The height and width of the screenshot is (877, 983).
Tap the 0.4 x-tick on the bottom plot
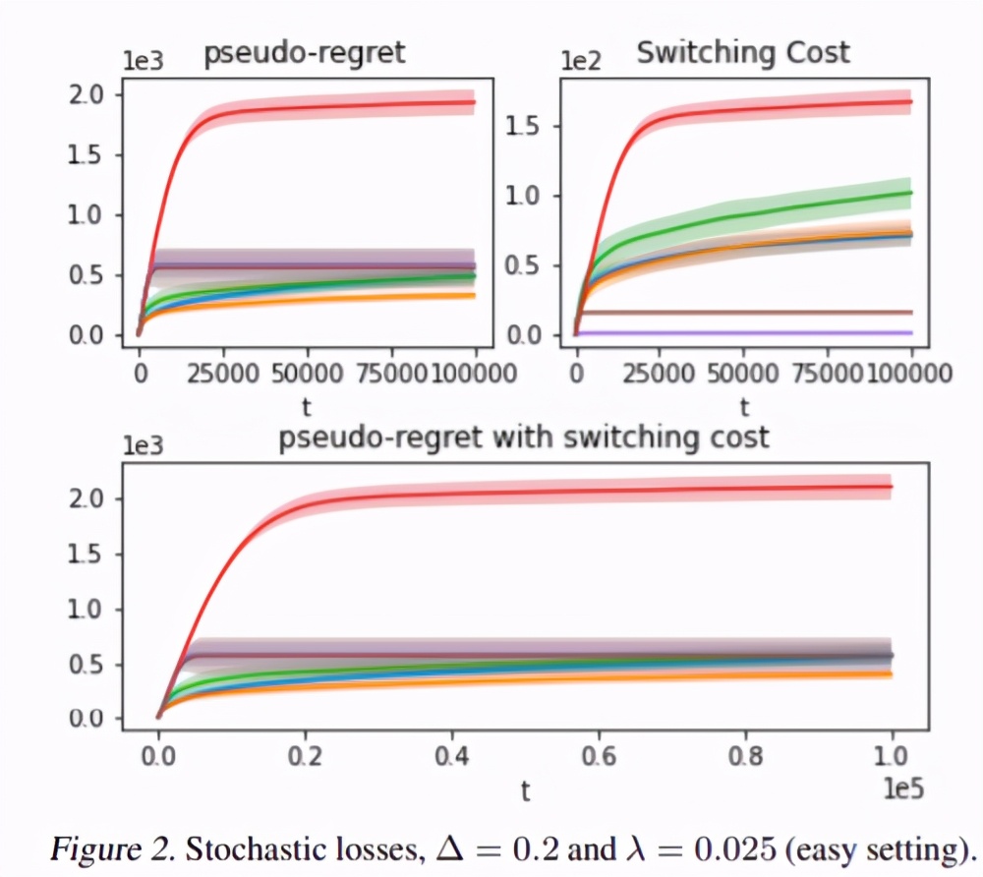(450, 758)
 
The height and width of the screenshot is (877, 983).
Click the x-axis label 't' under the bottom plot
(525, 792)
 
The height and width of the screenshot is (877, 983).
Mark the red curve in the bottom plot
(590, 490)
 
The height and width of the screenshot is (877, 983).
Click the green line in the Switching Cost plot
(747, 214)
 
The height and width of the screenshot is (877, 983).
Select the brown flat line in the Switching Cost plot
(747, 313)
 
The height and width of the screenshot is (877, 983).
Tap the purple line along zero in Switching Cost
(747, 333)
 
